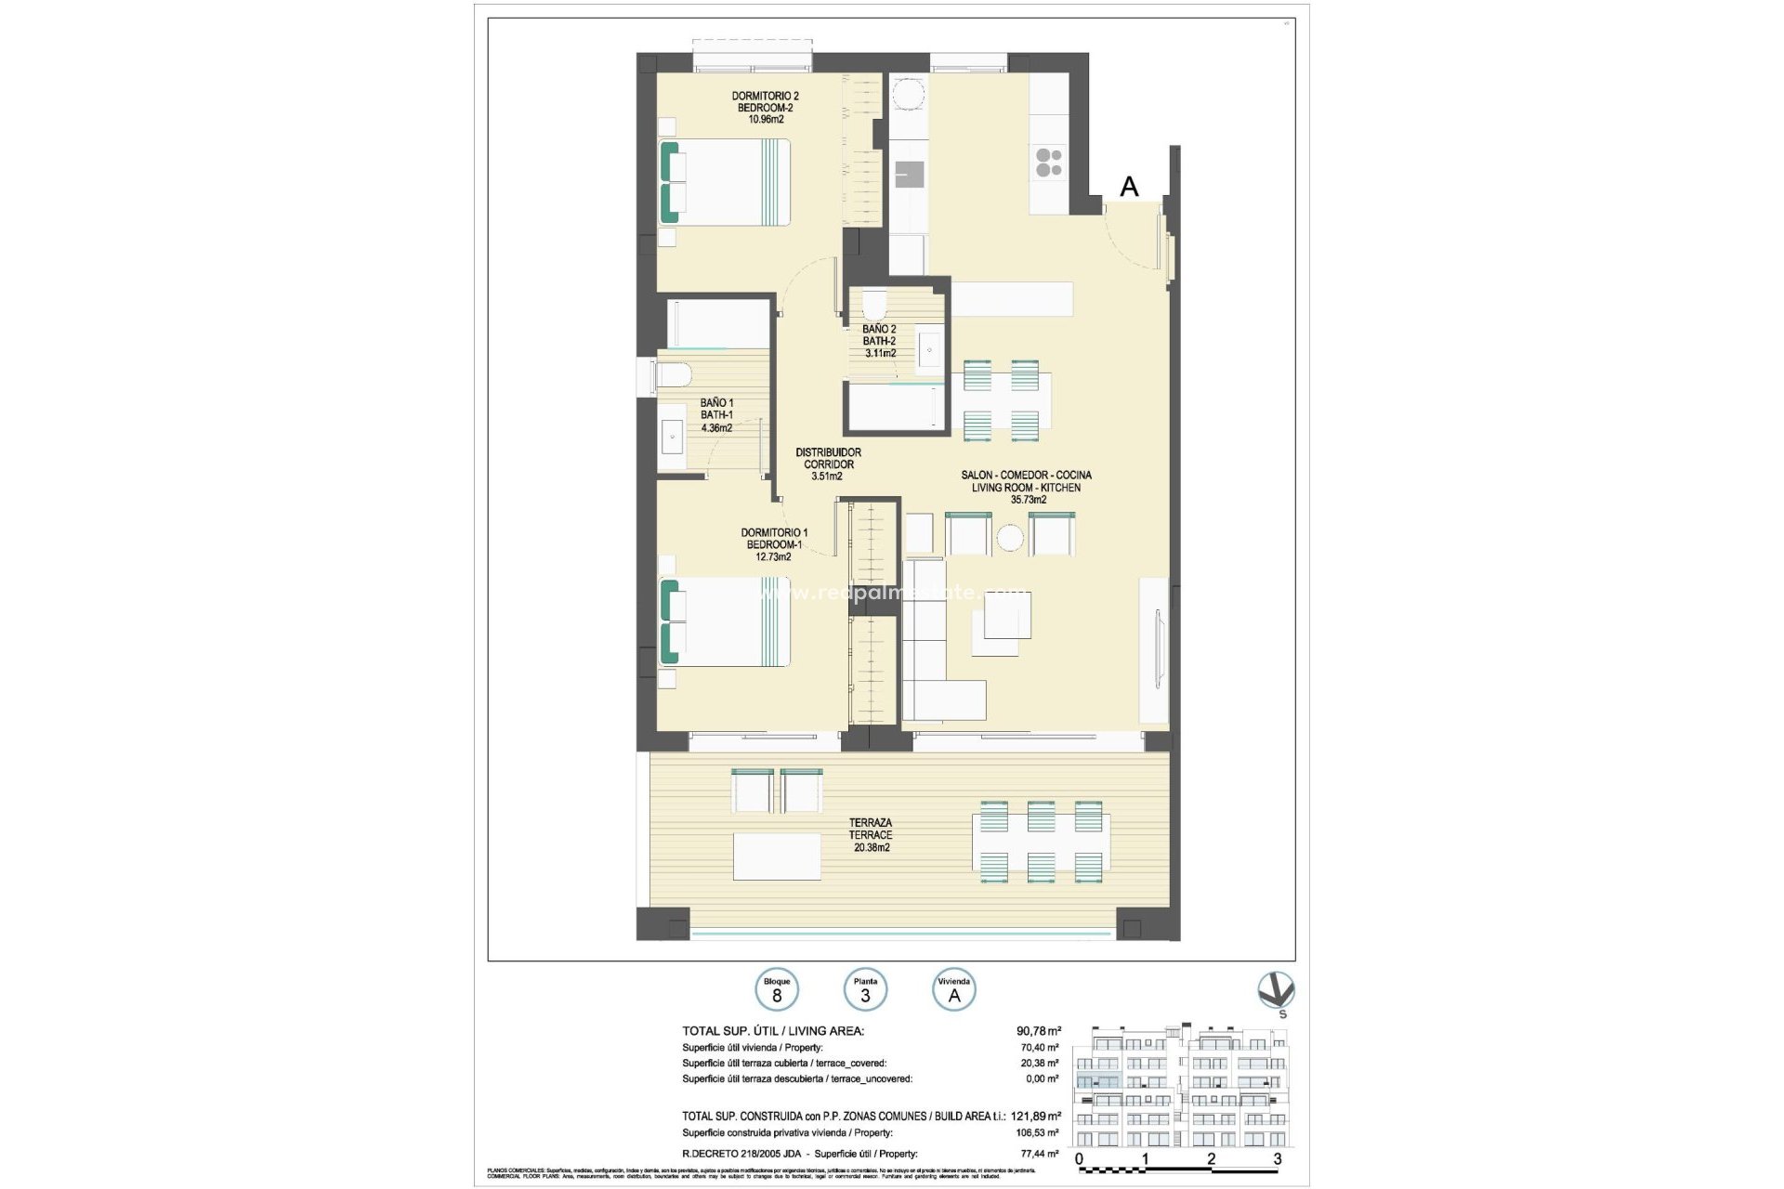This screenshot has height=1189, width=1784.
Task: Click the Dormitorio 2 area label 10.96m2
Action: click(766, 119)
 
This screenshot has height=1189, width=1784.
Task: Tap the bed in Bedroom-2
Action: click(725, 182)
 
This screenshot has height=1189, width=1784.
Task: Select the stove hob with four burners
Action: click(1049, 163)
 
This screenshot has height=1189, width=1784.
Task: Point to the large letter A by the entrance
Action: click(1129, 187)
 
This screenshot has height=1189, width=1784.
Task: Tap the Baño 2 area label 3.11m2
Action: click(880, 353)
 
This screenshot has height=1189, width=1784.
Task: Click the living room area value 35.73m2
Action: click(1028, 500)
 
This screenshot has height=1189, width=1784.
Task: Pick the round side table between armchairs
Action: click(1010, 537)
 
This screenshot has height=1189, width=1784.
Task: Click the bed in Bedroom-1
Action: click(725, 621)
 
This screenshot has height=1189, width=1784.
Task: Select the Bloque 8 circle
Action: click(777, 991)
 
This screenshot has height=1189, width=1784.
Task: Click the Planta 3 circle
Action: click(865, 991)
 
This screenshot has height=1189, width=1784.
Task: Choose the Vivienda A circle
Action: click(953, 991)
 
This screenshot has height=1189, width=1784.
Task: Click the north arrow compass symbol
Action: click(1275, 991)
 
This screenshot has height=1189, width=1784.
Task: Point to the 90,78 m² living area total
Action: click(1038, 1031)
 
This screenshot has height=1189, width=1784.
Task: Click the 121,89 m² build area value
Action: click(1038, 1117)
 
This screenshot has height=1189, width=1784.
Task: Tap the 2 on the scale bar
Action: click(1211, 1158)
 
